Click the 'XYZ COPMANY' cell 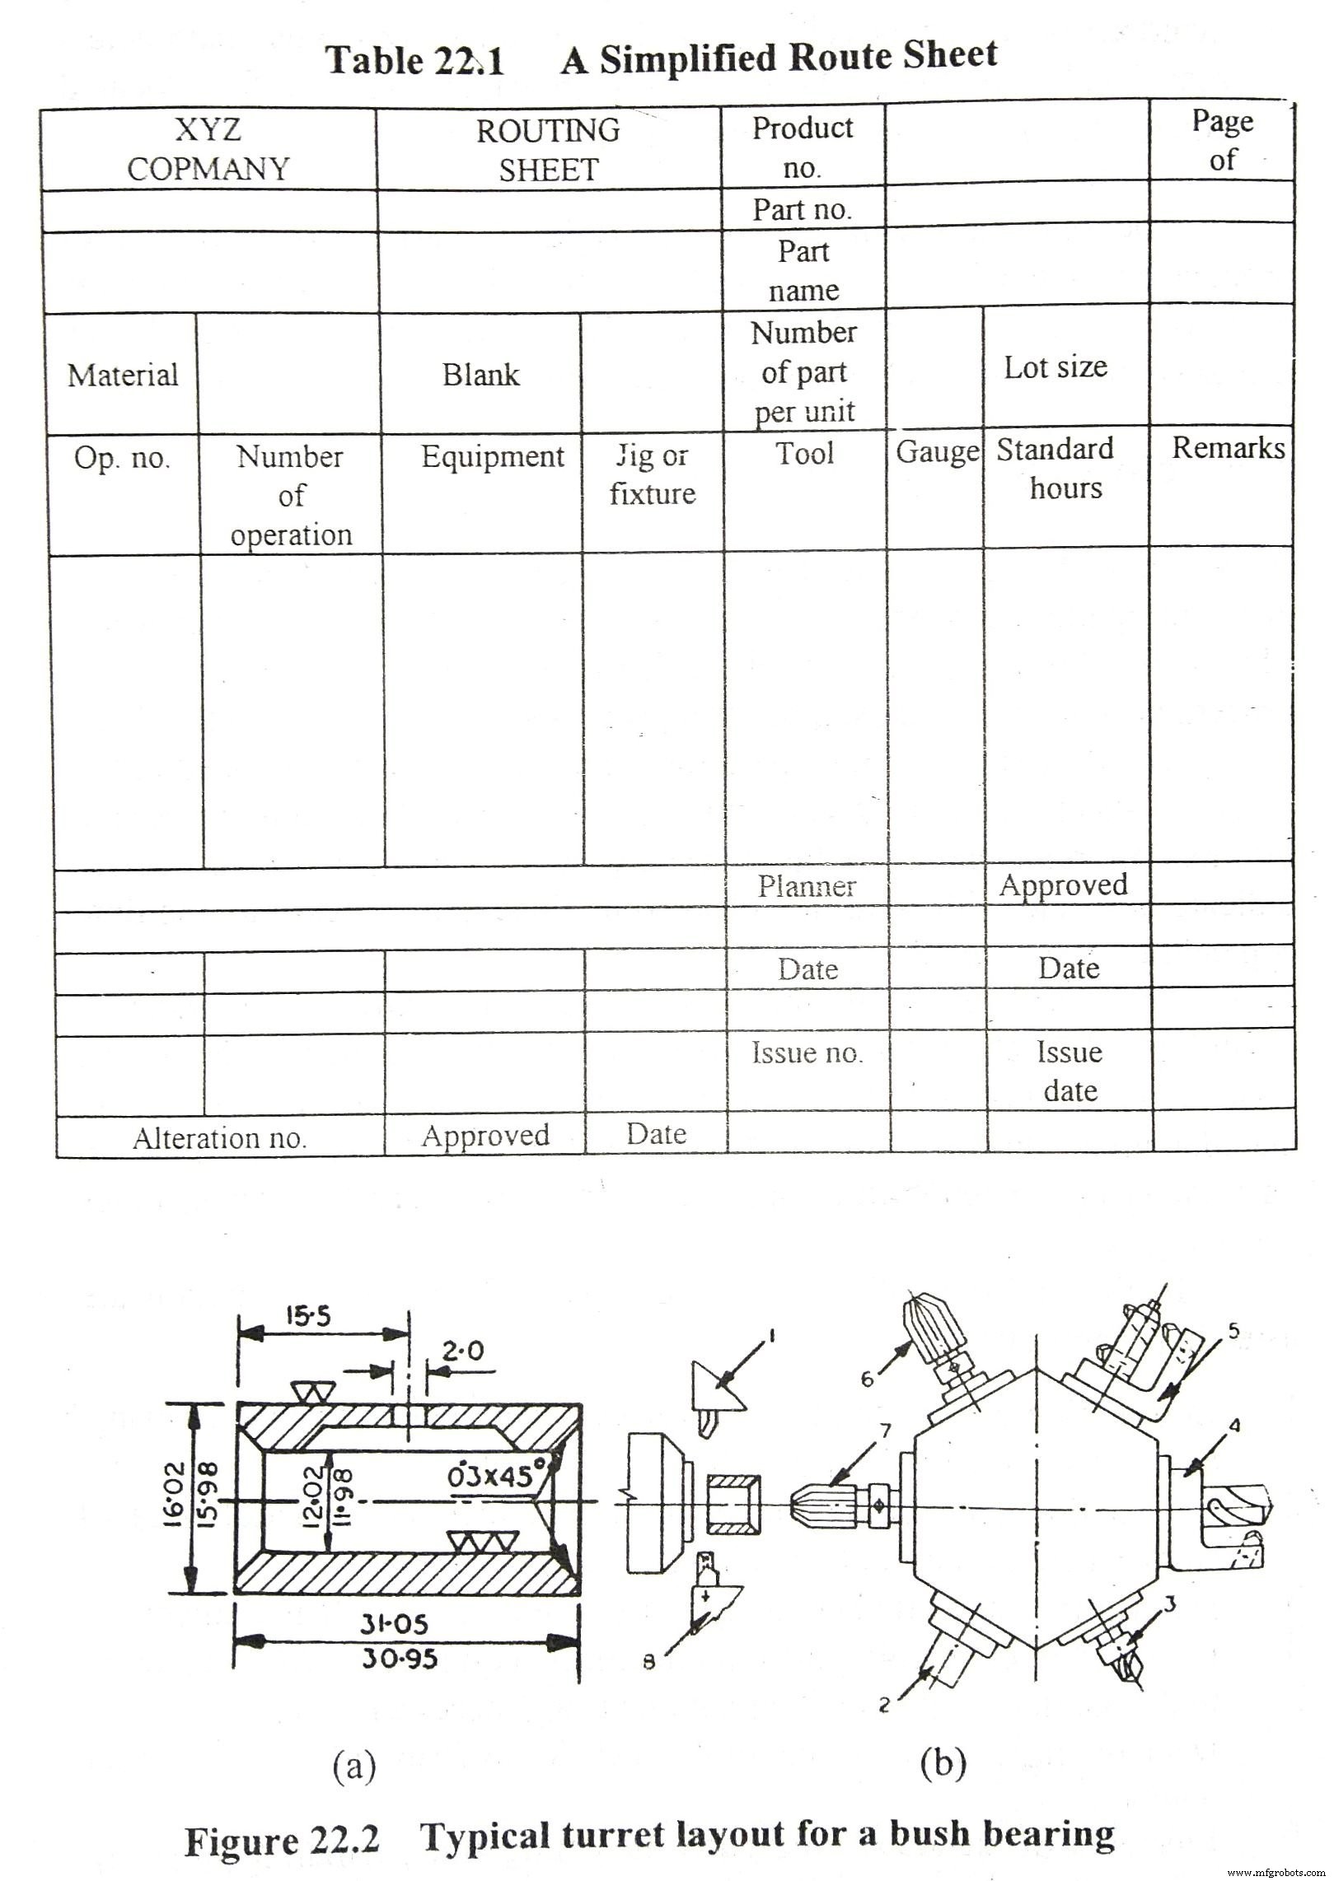[208, 149]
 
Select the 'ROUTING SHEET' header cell [548, 150]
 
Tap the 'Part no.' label [801, 209]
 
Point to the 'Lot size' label [1055, 367]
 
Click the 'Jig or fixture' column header [653, 474]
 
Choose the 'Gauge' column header [937, 451]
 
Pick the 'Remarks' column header [1228, 448]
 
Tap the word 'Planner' [807, 886]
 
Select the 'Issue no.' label [807, 1053]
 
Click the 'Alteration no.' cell [219, 1138]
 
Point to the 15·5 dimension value [308, 1316]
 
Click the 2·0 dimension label [463, 1351]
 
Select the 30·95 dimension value [400, 1658]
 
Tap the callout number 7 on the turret [886, 1431]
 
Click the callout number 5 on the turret [1233, 1331]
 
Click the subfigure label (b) [943, 1762]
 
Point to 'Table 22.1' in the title [414, 60]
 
